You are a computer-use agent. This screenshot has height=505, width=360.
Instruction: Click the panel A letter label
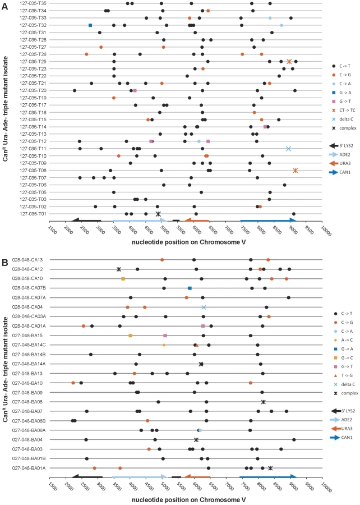pyautogui.click(x=5, y=6)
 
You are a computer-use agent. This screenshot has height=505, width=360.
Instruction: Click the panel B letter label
pyautogui.click(x=5, y=263)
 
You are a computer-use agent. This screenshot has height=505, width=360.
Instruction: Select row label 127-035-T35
pyautogui.click(x=33, y=3)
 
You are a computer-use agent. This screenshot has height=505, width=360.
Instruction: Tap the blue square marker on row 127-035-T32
pyautogui.click(x=90, y=25)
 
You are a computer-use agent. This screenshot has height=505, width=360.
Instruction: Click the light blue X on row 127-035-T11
pyautogui.click(x=289, y=149)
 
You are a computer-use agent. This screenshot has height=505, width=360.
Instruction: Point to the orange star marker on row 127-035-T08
pyautogui.click(x=296, y=171)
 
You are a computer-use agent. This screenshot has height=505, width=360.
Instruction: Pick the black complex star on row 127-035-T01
pyautogui.click(x=158, y=214)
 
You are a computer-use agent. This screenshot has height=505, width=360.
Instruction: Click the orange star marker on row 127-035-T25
pyautogui.click(x=289, y=62)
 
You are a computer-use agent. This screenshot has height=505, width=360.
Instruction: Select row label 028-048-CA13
pyautogui.click(x=27, y=260)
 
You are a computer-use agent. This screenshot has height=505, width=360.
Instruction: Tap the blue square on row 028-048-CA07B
pyautogui.click(x=190, y=288)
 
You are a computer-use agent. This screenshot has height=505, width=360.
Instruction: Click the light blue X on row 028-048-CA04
pyautogui.click(x=204, y=307)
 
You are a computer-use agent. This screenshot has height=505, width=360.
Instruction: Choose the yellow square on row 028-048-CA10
pyautogui.click(x=123, y=278)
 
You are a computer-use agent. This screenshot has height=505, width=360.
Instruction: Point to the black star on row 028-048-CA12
pyautogui.click(x=119, y=269)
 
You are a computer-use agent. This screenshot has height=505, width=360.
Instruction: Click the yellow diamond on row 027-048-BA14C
pyautogui.click(x=164, y=345)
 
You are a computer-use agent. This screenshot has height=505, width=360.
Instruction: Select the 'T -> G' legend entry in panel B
pyautogui.click(x=344, y=375)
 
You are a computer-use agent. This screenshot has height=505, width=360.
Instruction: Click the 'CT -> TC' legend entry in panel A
pyautogui.click(x=344, y=110)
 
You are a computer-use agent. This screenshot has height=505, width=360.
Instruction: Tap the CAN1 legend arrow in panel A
pyautogui.click(x=334, y=172)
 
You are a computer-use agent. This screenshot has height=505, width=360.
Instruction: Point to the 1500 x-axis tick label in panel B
pyautogui.click(x=53, y=486)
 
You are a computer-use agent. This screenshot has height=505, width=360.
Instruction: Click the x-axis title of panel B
pyautogui.click(x=189, y=499)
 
